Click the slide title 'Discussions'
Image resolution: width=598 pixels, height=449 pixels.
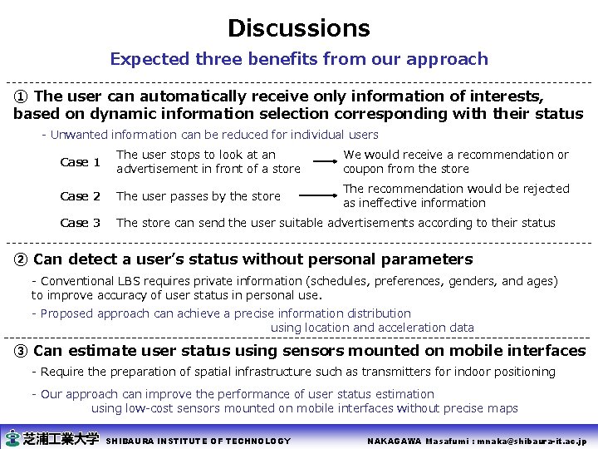(x=299, y=28)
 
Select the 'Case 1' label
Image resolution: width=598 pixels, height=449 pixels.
(x=81, y=162)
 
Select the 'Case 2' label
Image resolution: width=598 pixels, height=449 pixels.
(x=81, y=196)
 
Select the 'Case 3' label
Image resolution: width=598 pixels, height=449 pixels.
(x=81, y=223)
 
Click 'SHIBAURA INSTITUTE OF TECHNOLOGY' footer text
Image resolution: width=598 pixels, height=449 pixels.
(x=199, y=441)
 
